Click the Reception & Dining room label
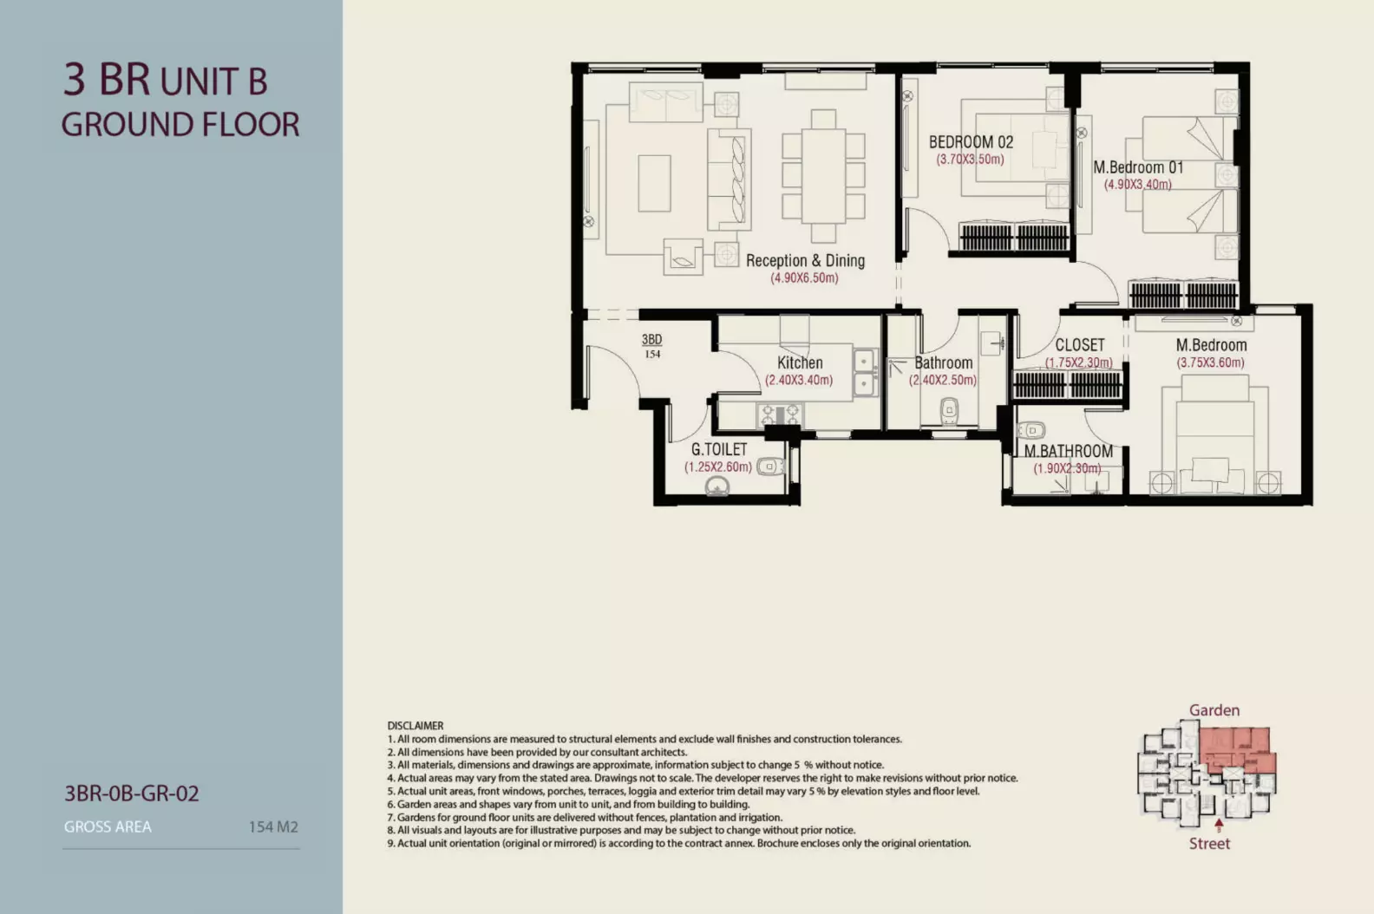(805, 260)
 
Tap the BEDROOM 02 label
(971, 142)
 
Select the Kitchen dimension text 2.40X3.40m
(799, 380)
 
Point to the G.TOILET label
(719, 449)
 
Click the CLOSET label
(1080, 345)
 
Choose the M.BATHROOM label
(1069, 451)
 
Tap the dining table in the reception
(823, 176)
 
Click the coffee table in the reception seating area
(654, 183)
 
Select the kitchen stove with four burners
(780, 415)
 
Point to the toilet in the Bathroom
(949, 411)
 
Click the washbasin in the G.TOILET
(717, 486)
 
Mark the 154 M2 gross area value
(273, 827)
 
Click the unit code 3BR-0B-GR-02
(132, 793)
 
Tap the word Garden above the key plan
(1214, 710)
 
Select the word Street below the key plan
(1209, 844)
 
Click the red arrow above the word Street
(1219, 825)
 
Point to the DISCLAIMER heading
(415, 726)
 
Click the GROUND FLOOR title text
(180, 125)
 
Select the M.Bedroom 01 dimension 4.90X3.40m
(1138, 185)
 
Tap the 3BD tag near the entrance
(652, 339)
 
